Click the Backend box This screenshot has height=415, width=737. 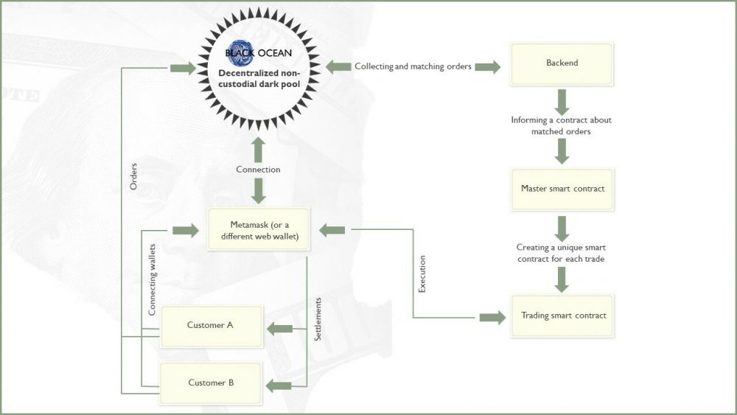point(562,64)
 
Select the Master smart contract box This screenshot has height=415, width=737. point(562,189)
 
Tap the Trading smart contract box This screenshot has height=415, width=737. point(562,315)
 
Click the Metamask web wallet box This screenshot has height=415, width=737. point(259,229)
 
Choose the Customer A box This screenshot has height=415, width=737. point(212,327)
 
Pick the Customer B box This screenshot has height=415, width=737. point(211,383)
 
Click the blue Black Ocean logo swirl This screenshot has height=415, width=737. point(241,52)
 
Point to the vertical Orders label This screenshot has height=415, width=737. point(133,176)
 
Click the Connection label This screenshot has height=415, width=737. point(258,170)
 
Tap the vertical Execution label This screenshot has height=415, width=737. point(422,274)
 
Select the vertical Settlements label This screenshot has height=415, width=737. point(318,319)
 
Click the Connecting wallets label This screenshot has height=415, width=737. point(152,279)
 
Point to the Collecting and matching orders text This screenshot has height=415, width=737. point(413,66)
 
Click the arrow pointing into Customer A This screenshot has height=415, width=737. point(279,329)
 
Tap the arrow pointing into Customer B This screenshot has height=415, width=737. point(279,386)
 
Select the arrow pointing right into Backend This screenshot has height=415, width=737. point(488,67)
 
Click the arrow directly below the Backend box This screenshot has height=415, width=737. point(562,102)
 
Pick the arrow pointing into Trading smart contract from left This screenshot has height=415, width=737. point(492,318)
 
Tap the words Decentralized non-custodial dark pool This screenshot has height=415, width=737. point(259,78)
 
